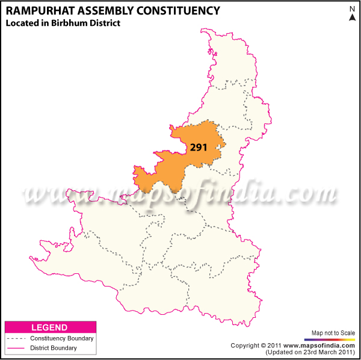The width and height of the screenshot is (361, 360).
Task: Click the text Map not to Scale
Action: (334, 333)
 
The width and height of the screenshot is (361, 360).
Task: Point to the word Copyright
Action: (246, 346)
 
